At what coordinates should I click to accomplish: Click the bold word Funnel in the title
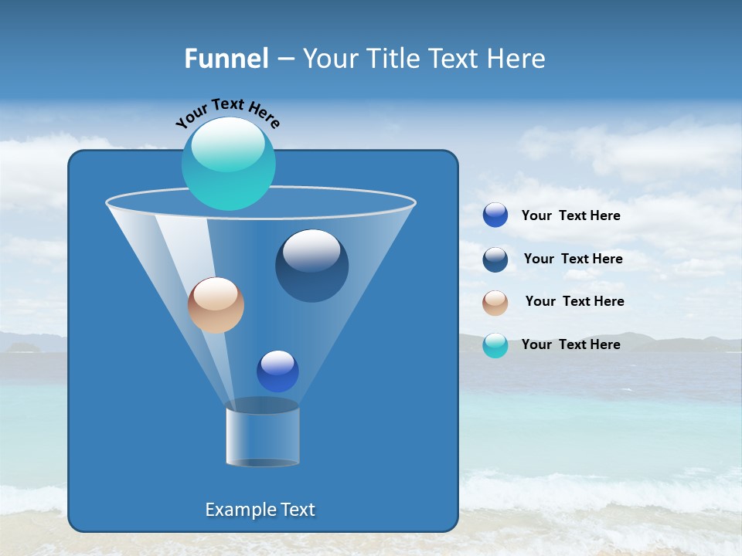(226, 59)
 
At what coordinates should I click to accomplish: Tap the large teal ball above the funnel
(229, 164)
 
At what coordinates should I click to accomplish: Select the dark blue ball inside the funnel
(312, 266)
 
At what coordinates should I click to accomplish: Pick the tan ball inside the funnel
(216, 305)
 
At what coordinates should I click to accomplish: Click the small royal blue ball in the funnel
(277, 371)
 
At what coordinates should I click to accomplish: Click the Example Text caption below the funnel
(260, 510)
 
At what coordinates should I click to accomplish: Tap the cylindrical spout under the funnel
(263, 436)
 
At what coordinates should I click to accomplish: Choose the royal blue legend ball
(495, 215)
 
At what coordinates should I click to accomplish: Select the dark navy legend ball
(495, 259)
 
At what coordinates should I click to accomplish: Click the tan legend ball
(495, 302)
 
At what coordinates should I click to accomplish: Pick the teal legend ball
(495, 345)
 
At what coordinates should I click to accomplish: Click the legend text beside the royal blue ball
(571, 216)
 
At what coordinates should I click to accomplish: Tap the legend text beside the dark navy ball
(574, 259)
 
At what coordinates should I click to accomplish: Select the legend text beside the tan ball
(575, 302)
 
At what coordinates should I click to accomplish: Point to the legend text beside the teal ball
(571, 345)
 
